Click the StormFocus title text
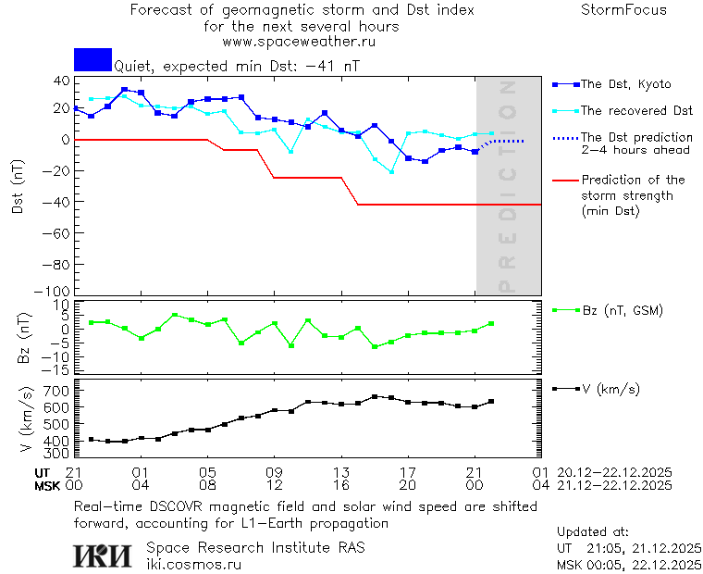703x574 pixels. (x=623, y=10)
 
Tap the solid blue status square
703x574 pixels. (x=92, y=59)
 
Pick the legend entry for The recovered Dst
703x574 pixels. (x=636, y=111)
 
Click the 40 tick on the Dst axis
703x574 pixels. (x=61, y=81)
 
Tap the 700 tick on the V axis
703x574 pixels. (x=56, y=392)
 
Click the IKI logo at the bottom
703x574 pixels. (x=103, y=555)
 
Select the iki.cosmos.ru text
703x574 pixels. (x=193, y=563)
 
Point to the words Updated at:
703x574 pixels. (x=592, y=532)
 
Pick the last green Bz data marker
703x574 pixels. (x=492, y=324)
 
